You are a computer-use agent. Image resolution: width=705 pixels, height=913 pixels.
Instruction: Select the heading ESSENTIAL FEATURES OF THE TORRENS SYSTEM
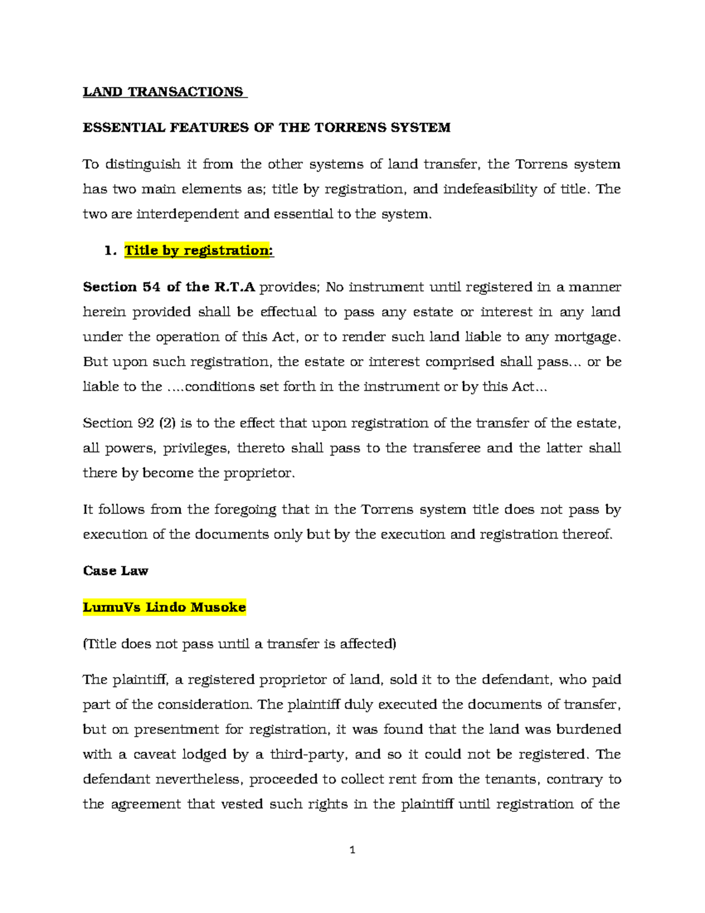click(266, 128)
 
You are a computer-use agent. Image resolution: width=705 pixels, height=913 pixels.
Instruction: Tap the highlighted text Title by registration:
click(199, 250)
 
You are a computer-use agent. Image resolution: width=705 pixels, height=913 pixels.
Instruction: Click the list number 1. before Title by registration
click(109, 250)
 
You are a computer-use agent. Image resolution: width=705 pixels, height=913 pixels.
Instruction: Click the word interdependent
click(187, 214)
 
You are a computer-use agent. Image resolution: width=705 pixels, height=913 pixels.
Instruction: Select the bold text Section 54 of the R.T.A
click(169, 287)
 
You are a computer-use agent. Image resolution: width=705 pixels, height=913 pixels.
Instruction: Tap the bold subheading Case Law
click(115, 571)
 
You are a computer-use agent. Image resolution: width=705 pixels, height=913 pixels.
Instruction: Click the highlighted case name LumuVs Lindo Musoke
click(164, 607)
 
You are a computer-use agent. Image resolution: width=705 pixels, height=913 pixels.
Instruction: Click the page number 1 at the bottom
click(352, 850)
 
